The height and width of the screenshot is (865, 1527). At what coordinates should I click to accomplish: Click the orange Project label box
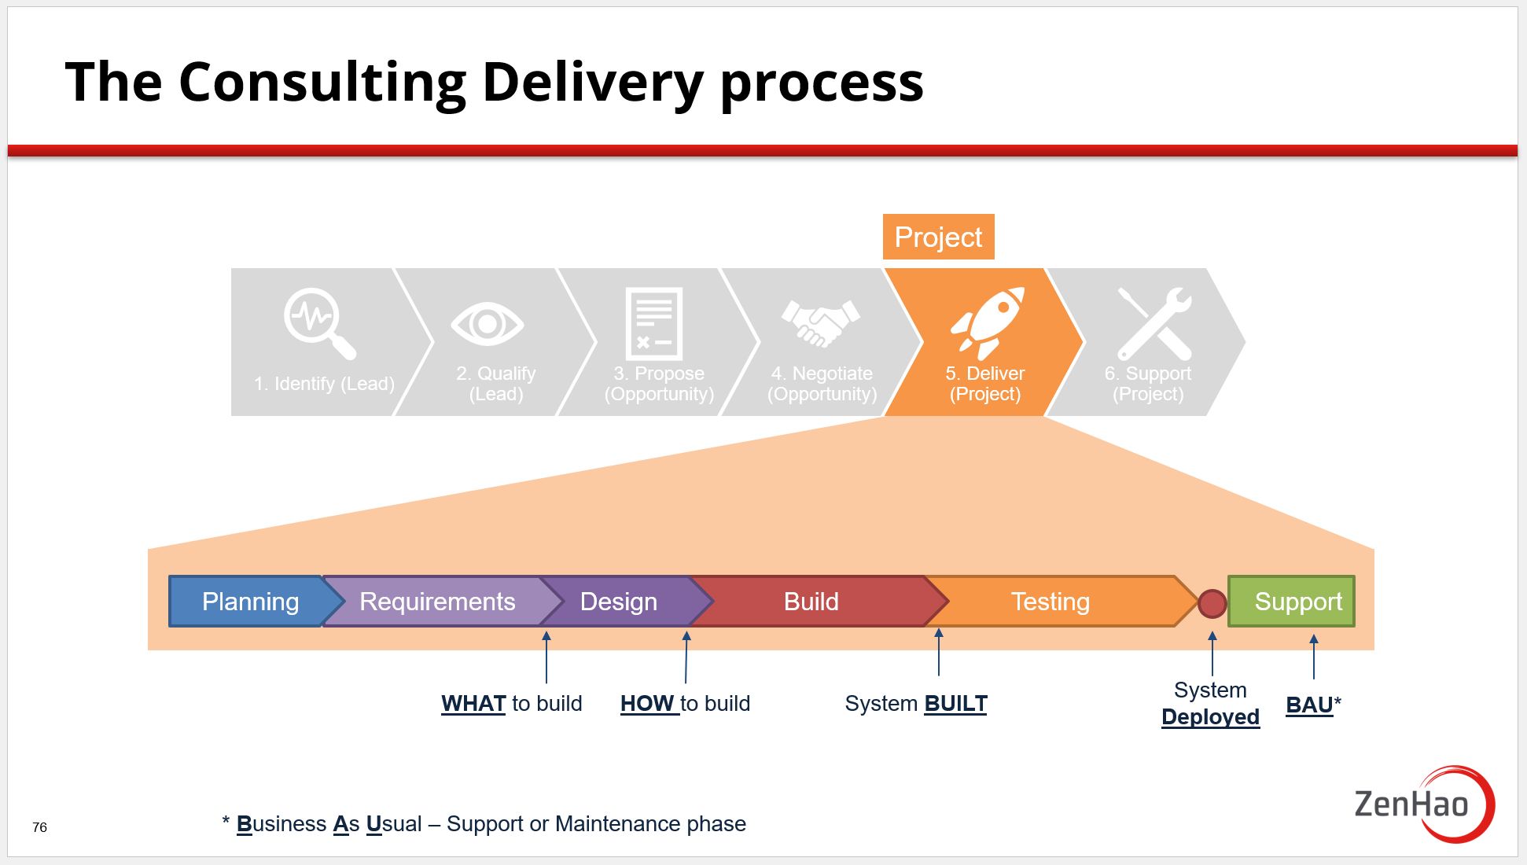[x=938, y=237]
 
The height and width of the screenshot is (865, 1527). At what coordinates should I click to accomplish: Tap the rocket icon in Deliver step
[x=987, y=322]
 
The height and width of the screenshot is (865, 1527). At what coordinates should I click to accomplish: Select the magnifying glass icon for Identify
[x=318, y=323]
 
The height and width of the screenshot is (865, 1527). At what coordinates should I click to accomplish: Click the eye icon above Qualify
[x=487, y=323]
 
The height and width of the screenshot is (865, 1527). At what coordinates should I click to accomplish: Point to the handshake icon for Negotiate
[x=820, y=323]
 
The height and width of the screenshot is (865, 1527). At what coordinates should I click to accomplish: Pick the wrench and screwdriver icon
[x=1154, y=323]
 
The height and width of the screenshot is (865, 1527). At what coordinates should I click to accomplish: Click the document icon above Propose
[x=653, y=323]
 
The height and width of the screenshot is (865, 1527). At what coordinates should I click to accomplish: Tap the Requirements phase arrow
[x=437, y=602]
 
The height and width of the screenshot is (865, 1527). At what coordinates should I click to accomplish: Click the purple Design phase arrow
[x=618, y=602]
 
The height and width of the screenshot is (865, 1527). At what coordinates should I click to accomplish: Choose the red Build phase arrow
[x=811, y=602]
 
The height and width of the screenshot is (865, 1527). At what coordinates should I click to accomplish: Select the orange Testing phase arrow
[x=1050, y=602]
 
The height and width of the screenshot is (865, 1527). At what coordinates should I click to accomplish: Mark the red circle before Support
[x=1212, y=603]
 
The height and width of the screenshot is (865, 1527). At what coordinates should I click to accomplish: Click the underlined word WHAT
[x=473, y=703]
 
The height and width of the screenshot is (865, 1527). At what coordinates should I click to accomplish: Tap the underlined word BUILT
[x=955, y=703]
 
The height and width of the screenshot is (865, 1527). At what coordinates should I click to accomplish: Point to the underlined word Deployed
[x=1210, y=716]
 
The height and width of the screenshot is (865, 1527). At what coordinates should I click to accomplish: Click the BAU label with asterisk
[x=1312, y=705]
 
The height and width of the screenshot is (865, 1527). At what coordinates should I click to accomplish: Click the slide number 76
[x=39, y=827]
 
